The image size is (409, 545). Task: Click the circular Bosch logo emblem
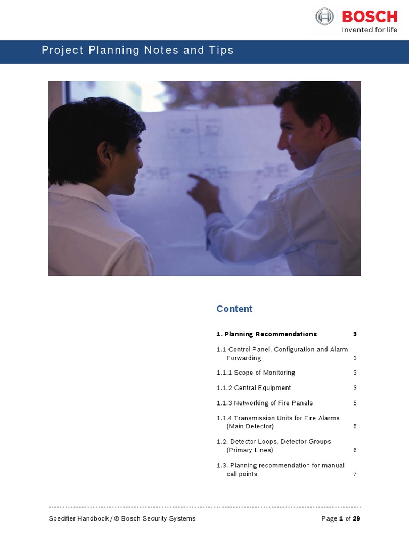point(324,16)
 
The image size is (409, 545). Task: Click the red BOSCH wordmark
point(370,16)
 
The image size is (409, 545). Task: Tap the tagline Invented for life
point(369,30)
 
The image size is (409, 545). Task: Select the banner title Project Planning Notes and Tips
point(137,51)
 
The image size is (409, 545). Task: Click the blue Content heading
point(234,309)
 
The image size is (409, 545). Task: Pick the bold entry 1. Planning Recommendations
point(266,334)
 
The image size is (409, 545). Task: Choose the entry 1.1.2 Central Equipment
point(253,388)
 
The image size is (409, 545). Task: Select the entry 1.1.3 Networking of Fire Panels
point(265,403)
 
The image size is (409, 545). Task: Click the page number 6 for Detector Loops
point(355,450)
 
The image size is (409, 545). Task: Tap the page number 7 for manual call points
point(355,474)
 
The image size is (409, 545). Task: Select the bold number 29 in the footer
point(357,518)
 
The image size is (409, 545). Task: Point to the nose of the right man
point(280,143)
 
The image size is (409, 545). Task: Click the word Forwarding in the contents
point(243,358)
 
